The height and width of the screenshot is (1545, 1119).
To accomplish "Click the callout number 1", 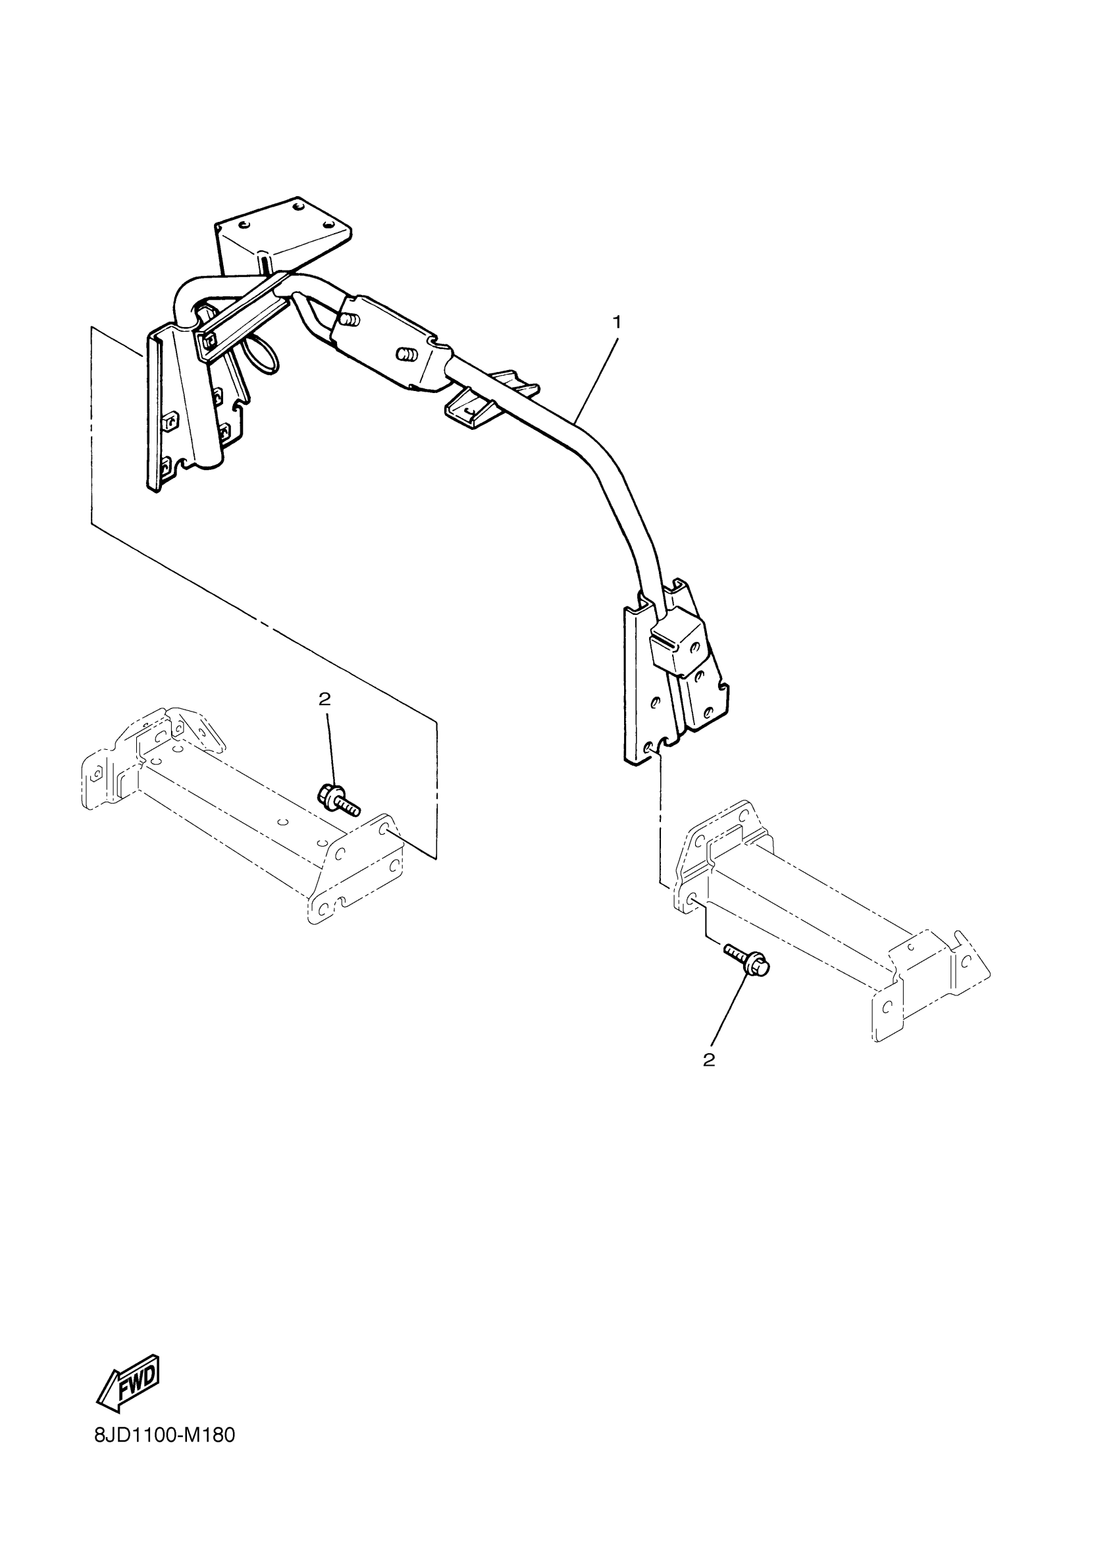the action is click(x=616, y=322).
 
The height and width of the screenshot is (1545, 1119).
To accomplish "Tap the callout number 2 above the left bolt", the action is click(x=325, y=698).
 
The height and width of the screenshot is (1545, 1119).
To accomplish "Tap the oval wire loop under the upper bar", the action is click(x=265, y=355).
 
